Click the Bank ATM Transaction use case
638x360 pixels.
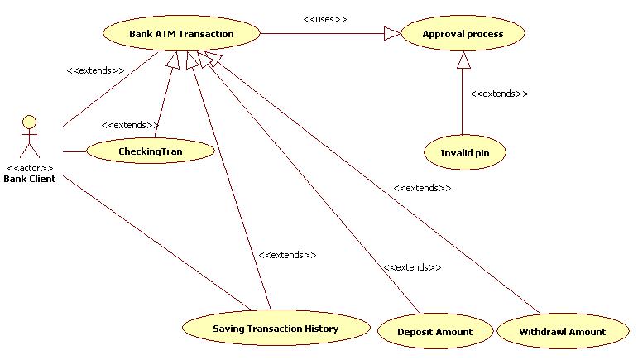(x=181, y=34)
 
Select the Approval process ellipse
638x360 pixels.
(x=463, y=34)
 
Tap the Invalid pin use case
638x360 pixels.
(x=463, y=152)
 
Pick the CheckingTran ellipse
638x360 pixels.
(x=150, y=151)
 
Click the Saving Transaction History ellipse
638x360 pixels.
(x=275, y=328)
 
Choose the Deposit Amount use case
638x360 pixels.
(x=434, y=331)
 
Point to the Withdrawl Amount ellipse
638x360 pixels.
(x=562, y=331)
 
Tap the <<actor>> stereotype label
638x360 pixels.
(x=30, y=168)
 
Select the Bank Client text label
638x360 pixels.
(x=30, y=179)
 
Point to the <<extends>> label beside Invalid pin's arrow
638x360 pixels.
(x=499, y=94)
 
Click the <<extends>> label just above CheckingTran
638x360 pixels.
(x=130, y=125)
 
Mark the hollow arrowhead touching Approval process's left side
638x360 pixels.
(x=391, y=34)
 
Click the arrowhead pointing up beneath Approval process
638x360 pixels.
(x=463, y=60)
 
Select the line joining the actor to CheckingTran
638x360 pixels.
(x=74, y=151)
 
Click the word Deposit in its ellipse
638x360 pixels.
(x=415, y=331)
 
